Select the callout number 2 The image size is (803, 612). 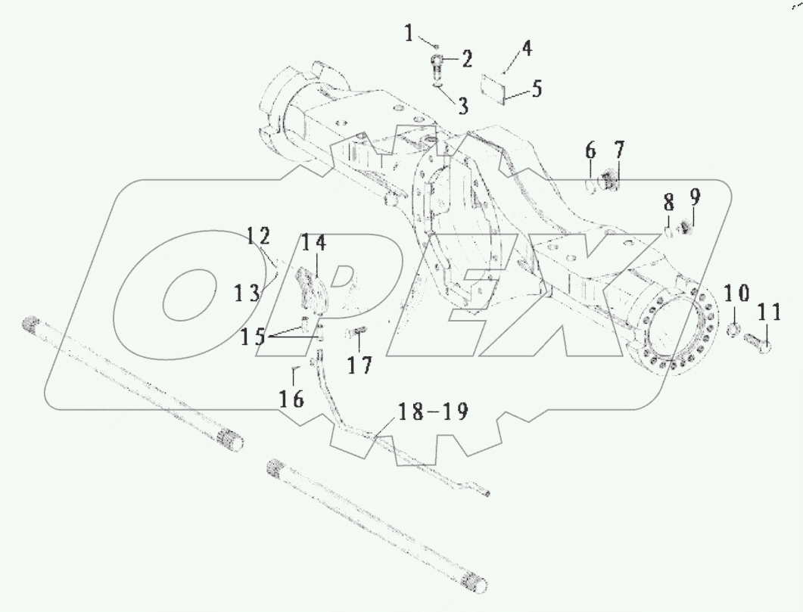(467, 57)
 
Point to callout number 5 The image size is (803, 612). (537, 89)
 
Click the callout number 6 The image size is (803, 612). (590, 151)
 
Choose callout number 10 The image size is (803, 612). (738, 293)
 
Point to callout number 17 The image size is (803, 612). (361, 365)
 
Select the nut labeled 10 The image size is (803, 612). (733, 330)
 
